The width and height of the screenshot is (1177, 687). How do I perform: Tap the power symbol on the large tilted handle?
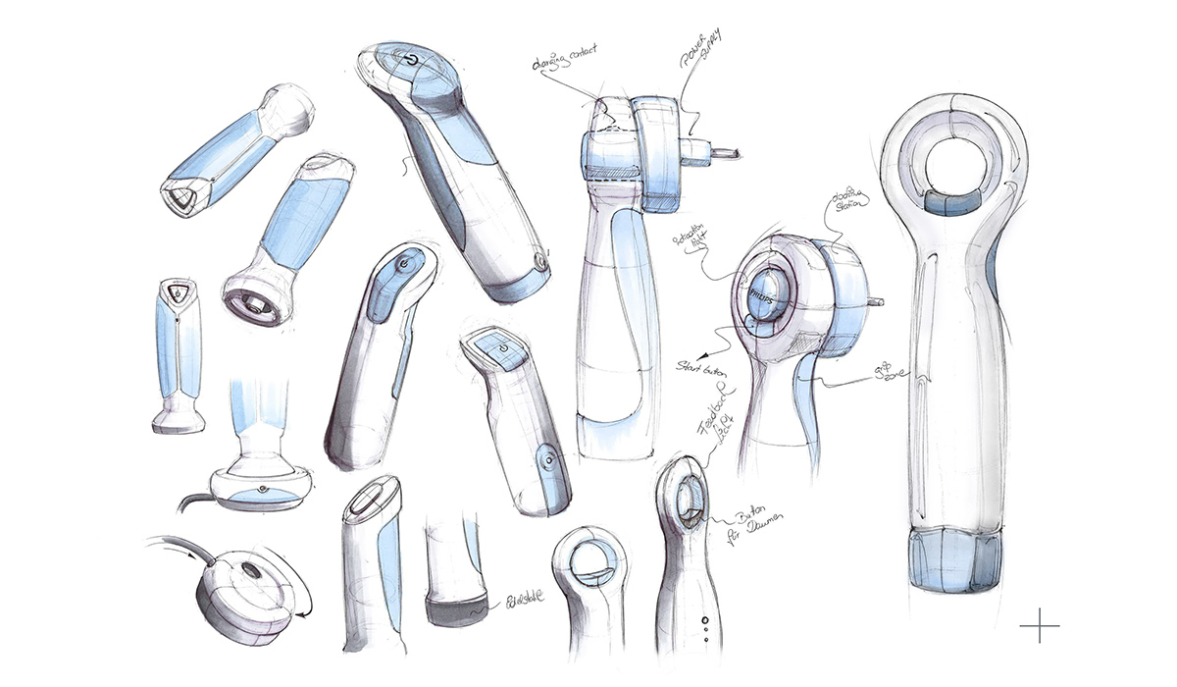[x=410, y=62]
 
